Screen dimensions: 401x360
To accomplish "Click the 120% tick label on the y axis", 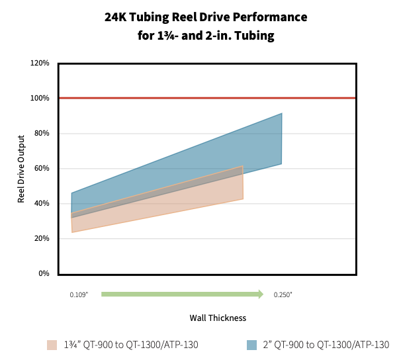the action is point(40,63).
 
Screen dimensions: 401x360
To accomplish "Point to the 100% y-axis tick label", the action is point(40,98).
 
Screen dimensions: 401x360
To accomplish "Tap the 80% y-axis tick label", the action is point(42,133).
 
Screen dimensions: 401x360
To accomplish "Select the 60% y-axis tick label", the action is point(42,168).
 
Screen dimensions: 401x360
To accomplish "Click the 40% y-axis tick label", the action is point(42,203).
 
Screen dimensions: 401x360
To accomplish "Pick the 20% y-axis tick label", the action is point(42,238).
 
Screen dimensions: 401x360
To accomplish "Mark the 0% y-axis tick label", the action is point(44,273).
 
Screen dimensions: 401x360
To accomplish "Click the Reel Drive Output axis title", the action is point(21,169).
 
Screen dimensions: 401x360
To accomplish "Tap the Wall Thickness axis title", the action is point(218,318).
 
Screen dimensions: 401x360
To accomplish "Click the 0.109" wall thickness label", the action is point(79,294).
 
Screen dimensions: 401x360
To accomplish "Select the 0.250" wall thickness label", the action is point(283,294).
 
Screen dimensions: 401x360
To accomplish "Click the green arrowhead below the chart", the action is point(261,294).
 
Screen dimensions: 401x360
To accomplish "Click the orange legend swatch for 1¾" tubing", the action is point(52,345).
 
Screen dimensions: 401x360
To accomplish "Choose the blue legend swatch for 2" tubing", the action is point(251,345).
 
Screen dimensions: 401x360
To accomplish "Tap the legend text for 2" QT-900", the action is point(326,345).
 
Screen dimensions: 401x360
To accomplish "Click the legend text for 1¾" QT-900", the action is point(131,345).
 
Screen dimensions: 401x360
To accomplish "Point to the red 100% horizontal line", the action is point(207,98).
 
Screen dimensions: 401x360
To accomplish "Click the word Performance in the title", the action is point(270,17).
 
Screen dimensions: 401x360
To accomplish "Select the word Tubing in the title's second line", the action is point(255,36).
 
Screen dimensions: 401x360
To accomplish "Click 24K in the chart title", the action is point(115,17).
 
